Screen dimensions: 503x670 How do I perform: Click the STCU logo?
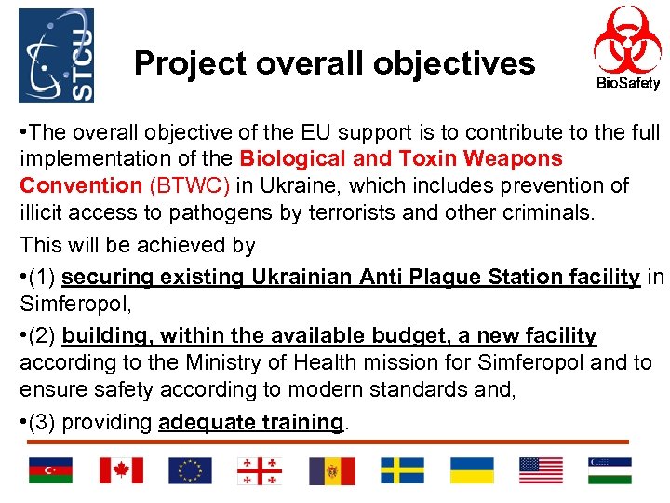[x=56, y=56]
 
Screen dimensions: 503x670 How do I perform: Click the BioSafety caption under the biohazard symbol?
[x=628, y=84]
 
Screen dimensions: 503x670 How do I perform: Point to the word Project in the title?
[x=187, y=63]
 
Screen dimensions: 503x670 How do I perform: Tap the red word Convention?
[x=81, y=185]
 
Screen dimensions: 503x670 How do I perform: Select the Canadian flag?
[x=121, y=470]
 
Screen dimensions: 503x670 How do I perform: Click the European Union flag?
[x=190, y=470]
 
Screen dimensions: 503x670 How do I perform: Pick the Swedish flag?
[x=402, y=470]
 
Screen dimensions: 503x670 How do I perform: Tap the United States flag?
[x=541, y=470]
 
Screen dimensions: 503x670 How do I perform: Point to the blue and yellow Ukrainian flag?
[x=472, y=470]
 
